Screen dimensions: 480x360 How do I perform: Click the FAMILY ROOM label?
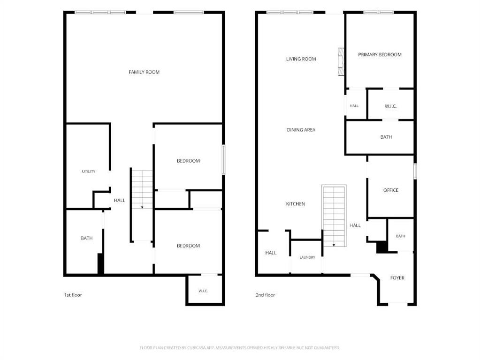[144, 72]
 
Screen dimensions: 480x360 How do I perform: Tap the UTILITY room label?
[89, 172]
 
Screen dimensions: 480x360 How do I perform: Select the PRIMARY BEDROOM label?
[380, 55]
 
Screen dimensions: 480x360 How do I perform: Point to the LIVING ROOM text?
[301, 59]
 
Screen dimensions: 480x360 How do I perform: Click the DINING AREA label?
[301, 130]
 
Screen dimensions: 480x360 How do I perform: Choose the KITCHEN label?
[296, 204]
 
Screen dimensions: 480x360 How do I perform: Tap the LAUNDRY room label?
[307, 257]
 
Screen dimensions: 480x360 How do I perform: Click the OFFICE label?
[390, 190]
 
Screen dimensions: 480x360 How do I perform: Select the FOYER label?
[397, 278]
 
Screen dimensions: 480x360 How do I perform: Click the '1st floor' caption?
[73, 295]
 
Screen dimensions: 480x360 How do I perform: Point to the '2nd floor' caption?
[265, 295]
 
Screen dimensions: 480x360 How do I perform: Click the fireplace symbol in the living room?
[341, 61]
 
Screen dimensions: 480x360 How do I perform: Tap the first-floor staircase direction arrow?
[142, 207]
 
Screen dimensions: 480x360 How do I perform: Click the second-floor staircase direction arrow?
[334, 245]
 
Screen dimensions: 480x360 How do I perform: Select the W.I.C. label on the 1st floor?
[203, 291]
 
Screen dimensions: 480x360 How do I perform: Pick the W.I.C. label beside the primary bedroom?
[390, 106]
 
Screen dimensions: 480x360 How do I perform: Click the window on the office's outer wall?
[415, 171]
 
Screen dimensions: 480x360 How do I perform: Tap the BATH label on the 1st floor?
[87, 238]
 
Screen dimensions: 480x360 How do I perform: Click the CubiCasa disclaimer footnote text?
[240, 348]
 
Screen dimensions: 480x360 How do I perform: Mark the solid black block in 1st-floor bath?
[101, 263]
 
